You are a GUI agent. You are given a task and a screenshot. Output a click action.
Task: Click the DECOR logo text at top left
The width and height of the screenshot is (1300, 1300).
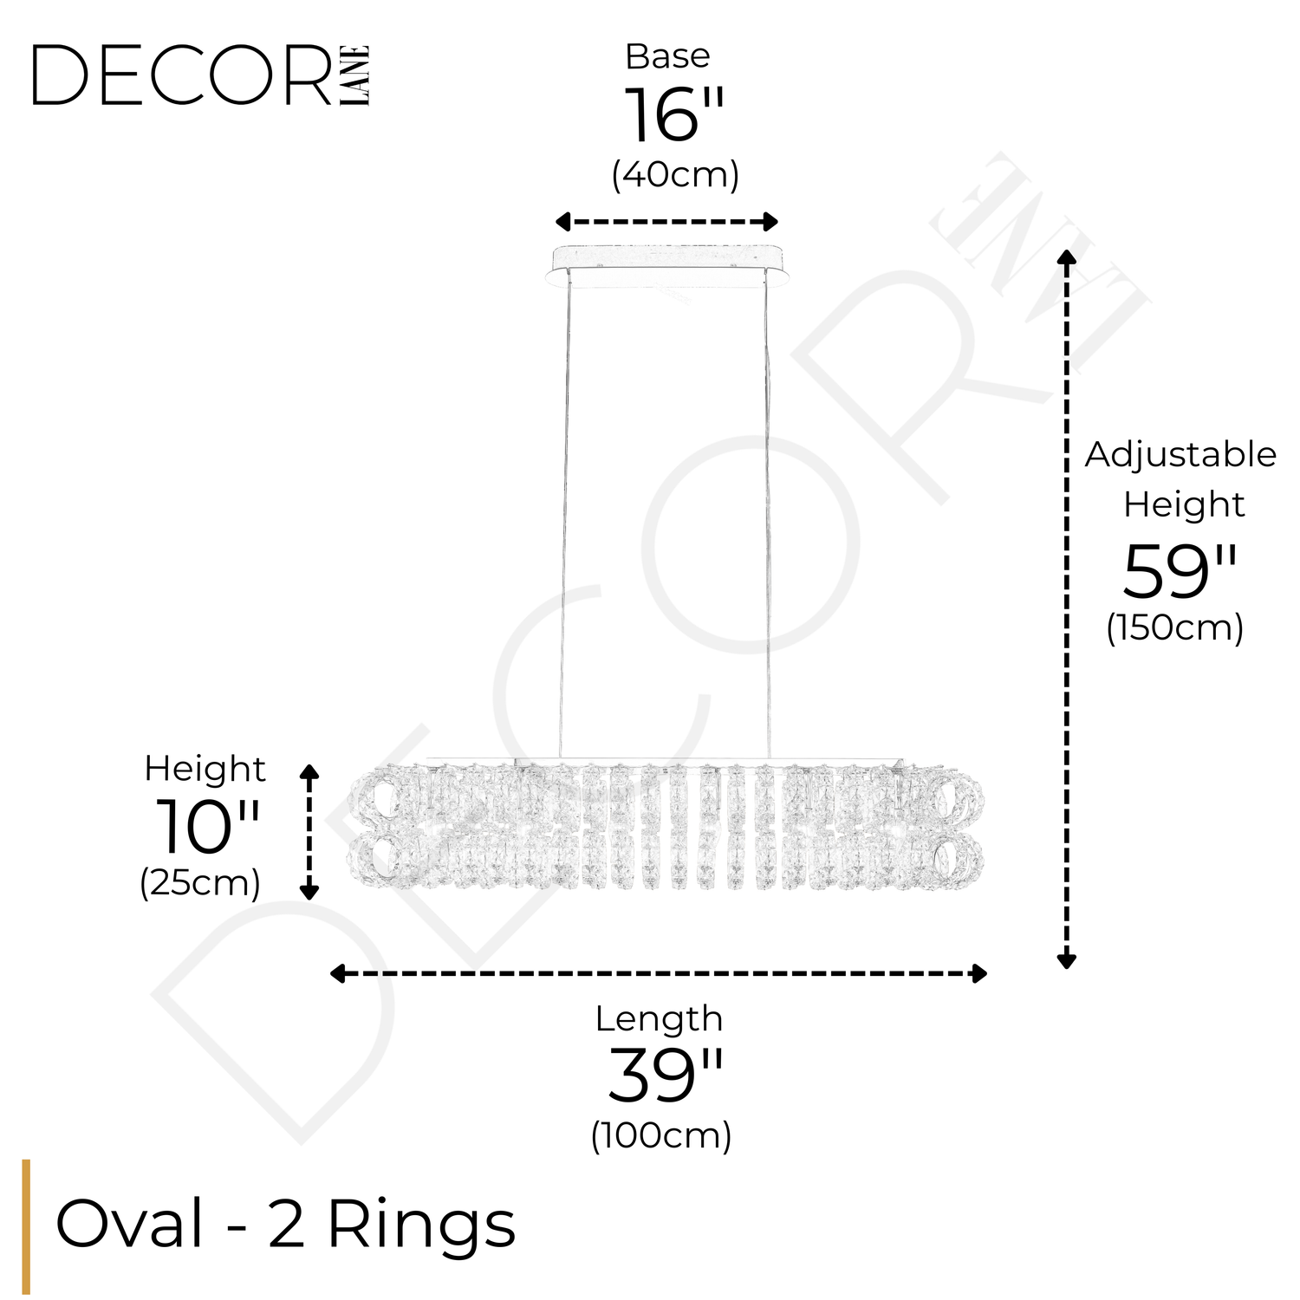[182, 76]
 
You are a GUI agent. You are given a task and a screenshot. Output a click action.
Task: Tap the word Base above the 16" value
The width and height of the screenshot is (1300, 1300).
[667, 57]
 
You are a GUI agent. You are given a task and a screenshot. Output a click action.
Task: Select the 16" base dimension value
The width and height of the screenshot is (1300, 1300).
[673, 116]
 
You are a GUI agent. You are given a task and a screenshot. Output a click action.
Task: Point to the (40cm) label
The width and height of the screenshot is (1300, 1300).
[674, 175]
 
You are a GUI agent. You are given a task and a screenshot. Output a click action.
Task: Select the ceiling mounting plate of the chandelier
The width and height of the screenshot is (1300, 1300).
[667, 263]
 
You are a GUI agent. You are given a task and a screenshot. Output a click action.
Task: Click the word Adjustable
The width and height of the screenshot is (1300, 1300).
[1180, 455]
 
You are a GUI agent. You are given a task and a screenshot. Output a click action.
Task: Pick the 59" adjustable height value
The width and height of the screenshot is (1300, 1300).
[1179, 572]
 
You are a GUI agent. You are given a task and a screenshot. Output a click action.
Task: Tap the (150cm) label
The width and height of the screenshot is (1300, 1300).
[1174, 627]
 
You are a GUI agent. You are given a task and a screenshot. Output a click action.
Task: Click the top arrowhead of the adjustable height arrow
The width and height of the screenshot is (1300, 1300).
[1067, 257]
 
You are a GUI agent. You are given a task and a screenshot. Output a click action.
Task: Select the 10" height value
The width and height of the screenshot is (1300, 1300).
[206, 827]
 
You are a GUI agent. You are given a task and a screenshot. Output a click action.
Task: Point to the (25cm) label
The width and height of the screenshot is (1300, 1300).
[200, 883]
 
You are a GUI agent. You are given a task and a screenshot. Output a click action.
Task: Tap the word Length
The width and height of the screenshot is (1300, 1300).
[659, 1019]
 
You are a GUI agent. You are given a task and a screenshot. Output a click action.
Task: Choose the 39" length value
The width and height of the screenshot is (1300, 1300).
[665, 1076]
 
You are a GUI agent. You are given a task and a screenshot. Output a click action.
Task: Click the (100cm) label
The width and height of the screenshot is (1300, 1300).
[661, 1135]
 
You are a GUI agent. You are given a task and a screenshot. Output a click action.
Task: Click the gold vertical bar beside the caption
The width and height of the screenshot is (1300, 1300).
[26, 1226]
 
